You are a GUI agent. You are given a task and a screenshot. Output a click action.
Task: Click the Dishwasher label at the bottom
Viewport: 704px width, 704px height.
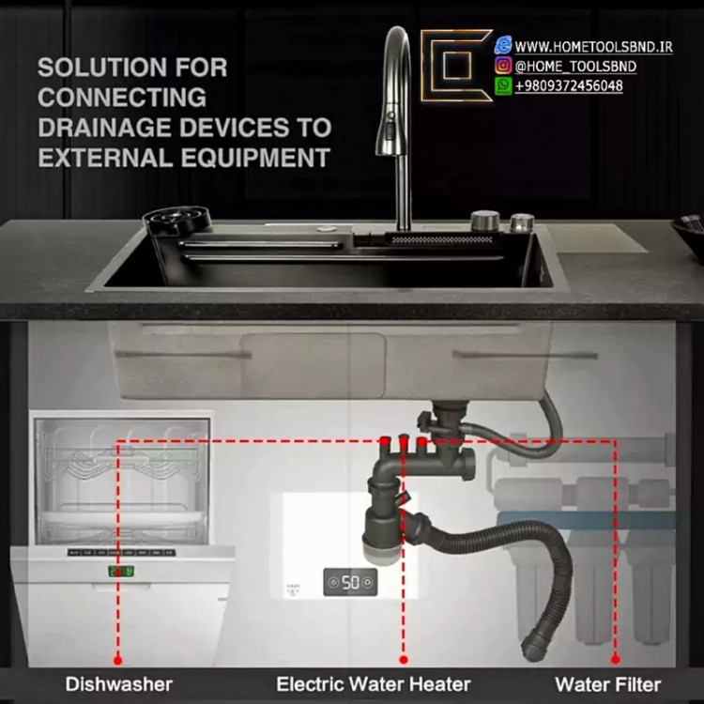[119, 684]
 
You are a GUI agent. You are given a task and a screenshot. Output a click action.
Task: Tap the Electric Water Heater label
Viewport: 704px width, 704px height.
[373, 684]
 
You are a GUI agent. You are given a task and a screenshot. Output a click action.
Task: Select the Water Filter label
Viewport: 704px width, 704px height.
[608, 684]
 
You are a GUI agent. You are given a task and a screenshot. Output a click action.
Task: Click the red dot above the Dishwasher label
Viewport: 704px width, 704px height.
[117, 660]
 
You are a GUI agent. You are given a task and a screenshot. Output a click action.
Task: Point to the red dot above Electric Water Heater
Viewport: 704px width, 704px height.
[404, 660]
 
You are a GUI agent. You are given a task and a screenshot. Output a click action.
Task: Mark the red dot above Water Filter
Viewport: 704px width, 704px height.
[616, 659]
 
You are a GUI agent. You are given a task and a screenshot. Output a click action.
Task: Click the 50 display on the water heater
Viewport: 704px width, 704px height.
[350, 582]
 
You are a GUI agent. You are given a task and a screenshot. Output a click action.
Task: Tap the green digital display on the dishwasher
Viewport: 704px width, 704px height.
[121, 571]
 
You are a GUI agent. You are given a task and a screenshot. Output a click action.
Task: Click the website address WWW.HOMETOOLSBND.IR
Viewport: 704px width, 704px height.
[593, 47]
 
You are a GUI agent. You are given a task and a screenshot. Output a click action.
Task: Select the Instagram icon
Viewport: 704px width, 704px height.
[503, 66]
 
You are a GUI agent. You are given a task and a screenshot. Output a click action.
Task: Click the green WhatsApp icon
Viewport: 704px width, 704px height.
[503, 85]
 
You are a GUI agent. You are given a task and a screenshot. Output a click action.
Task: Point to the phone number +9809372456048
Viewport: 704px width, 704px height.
[569, 85]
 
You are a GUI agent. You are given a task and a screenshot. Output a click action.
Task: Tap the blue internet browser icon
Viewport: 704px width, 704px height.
[503, 45]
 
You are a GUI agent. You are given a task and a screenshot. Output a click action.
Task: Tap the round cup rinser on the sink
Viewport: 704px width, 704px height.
[176, 219]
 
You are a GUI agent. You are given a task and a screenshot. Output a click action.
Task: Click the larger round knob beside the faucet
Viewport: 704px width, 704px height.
[485, 221]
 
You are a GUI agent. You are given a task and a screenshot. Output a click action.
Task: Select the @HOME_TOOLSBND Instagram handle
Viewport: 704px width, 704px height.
[575, 67]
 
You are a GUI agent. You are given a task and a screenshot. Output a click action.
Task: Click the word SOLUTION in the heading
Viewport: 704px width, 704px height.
[102, 68]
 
